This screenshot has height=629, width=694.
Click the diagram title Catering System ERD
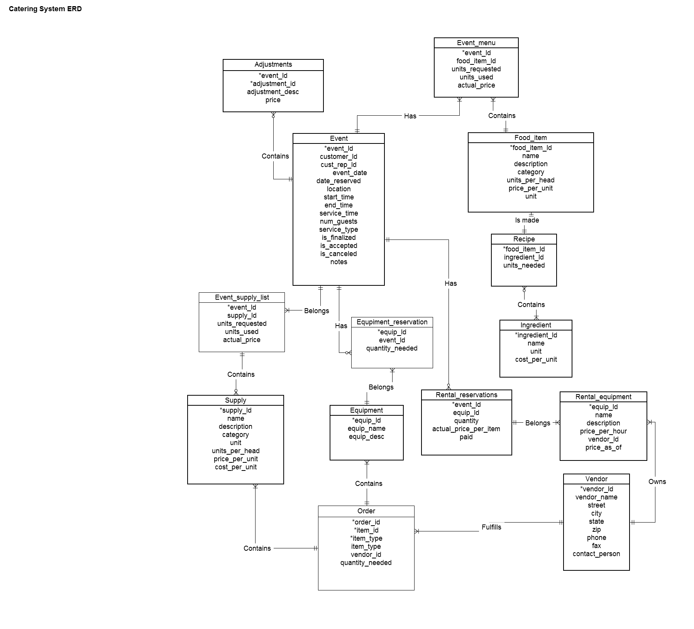pyautogui.click(x=45, y=9)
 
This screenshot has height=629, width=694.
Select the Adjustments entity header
pyautogui.click(x=273, y=64)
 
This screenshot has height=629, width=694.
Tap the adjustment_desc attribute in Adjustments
pyautogui.click(x=273, y=92)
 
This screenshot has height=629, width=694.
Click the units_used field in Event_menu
pyautogui.click(x=476, y=77)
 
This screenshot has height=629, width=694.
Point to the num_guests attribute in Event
pyautogui.click(x=339, y=221)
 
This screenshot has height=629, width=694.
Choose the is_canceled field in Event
pyautogui.click(x=339, y=254)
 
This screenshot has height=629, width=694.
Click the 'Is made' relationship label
pyautogui.click(x=527, y=220)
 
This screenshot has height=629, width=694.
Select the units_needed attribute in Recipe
pyautogui.click(x=524, y=265)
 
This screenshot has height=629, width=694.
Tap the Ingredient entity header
pyautogui.click(x=536, y=325)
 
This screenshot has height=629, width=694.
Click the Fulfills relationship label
pyautogui.click(x=491, y=527)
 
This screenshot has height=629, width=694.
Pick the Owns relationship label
pyautogui.click(x=657, y=482)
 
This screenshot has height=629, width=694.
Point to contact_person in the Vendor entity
pyautogui.click(x=596, y=554)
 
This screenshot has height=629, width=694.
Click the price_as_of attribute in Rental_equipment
pyautogui.click(x=603, y=447)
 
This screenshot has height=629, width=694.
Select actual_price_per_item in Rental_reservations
pyautogui.click(x=466, y=429)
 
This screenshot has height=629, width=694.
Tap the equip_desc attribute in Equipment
pyautogui.click(x=367, y=437)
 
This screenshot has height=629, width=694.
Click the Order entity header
pyautogui.click(x=366, y=511)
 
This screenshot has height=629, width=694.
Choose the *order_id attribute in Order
pyautogui.click(x=366, y=522)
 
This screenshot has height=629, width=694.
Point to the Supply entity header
pyautogui.click(x=235, y=400)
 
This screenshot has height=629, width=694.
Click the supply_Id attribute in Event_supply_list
pyautogui.click(x=242, y=315)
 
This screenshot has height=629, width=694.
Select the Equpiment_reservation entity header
pyautogui.click(x=392, y=322)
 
